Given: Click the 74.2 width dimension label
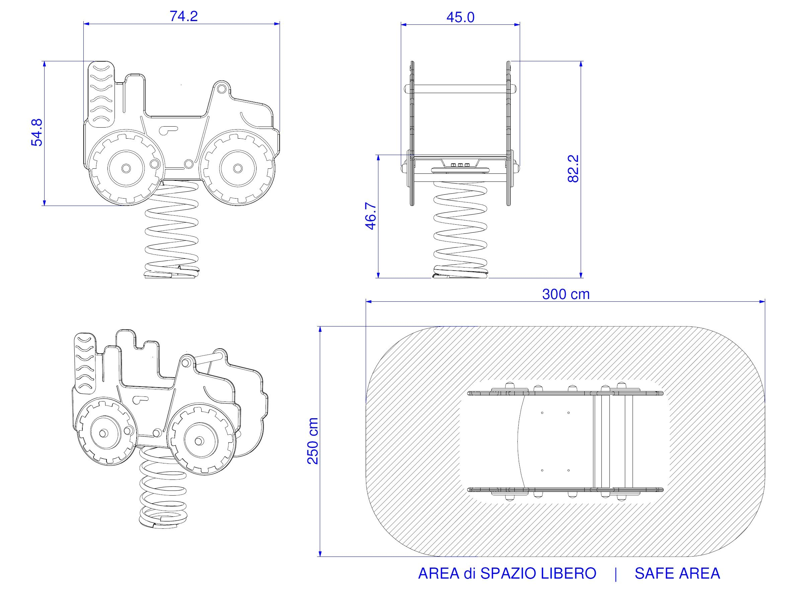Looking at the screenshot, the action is coord(184,16).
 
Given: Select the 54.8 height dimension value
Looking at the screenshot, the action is coord(37,133).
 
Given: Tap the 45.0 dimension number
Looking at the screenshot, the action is coord(460,17).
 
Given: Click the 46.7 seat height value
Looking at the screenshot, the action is coord(370,216).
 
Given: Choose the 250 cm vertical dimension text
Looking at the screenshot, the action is coord(312,441).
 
